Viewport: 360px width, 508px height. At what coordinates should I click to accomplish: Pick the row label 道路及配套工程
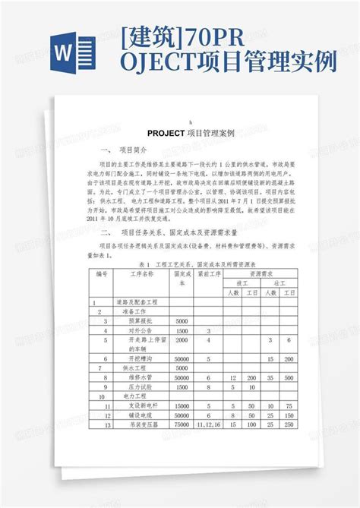pyautogui.click(x=139, y=301)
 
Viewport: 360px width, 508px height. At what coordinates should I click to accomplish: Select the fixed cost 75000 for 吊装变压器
pyautogui.click(x=182, y=424)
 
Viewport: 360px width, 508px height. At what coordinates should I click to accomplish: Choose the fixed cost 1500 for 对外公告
pyautogui.click(x=182, y=330)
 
